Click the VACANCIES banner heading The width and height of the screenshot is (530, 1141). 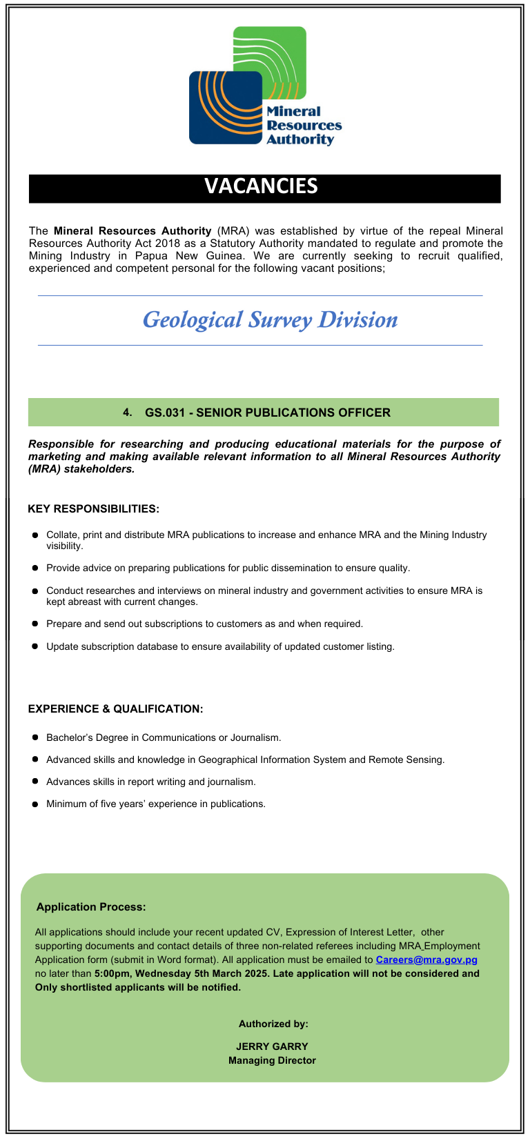coord(261,186)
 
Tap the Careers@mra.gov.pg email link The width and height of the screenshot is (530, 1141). coord(426,960)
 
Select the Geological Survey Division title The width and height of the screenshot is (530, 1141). coord(270,319)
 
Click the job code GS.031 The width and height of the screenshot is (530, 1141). coord(166,413)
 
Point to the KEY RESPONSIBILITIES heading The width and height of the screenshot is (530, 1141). coord(93,509)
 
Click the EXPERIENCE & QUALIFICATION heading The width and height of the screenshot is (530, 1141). coord(115,709)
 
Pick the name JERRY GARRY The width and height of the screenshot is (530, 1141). coord(272,1046)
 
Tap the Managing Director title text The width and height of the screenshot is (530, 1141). coord(272,1060)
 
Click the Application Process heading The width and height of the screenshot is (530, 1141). coord(91,907)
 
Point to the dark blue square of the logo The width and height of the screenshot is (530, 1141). coord(214,110)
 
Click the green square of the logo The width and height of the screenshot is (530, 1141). coord(276,48)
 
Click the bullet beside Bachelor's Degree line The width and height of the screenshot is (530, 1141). coord(35,737)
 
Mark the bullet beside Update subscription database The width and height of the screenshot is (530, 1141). coord(35,646)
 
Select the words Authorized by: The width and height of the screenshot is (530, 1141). coord(273,1024)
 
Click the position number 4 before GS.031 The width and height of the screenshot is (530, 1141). coord(127,413)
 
